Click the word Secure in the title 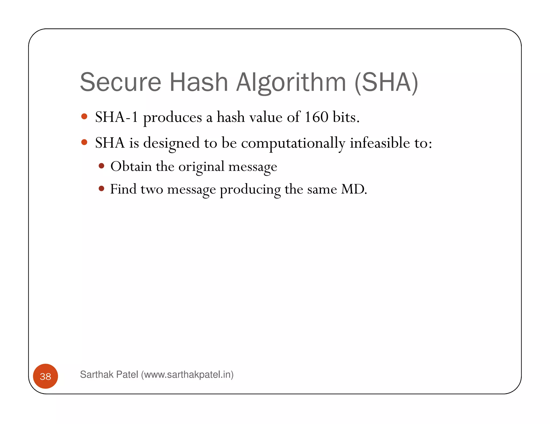pyautogui.click(x=121, y=82)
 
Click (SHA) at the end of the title pyautogui.click(x=386, y=82)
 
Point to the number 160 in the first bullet pyautogui.click(x=316, y=117)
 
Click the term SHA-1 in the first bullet pyautogui.click(x=116, y=117)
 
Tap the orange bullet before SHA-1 pyautogui.click(x=84, y=116)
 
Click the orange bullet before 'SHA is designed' pyautogui.click(x=84, y=142)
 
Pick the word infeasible pyautogui.click(x=380, y=143)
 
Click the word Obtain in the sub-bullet pyautogui.click(x=131, y=166)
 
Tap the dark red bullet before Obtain pyautogui.click(x=101, y=166)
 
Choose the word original pyautogui.click(x=201, y=167)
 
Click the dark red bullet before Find pyautogui.click(x=101, y=189)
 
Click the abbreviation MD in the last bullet pyautogui.click(x=353, y=189)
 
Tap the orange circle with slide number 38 pyautogui.click(x=45, y=376)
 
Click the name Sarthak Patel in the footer pyautogui.click(x=109, y=374)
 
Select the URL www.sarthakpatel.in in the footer pyautogui.click(x=187, y=374)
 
